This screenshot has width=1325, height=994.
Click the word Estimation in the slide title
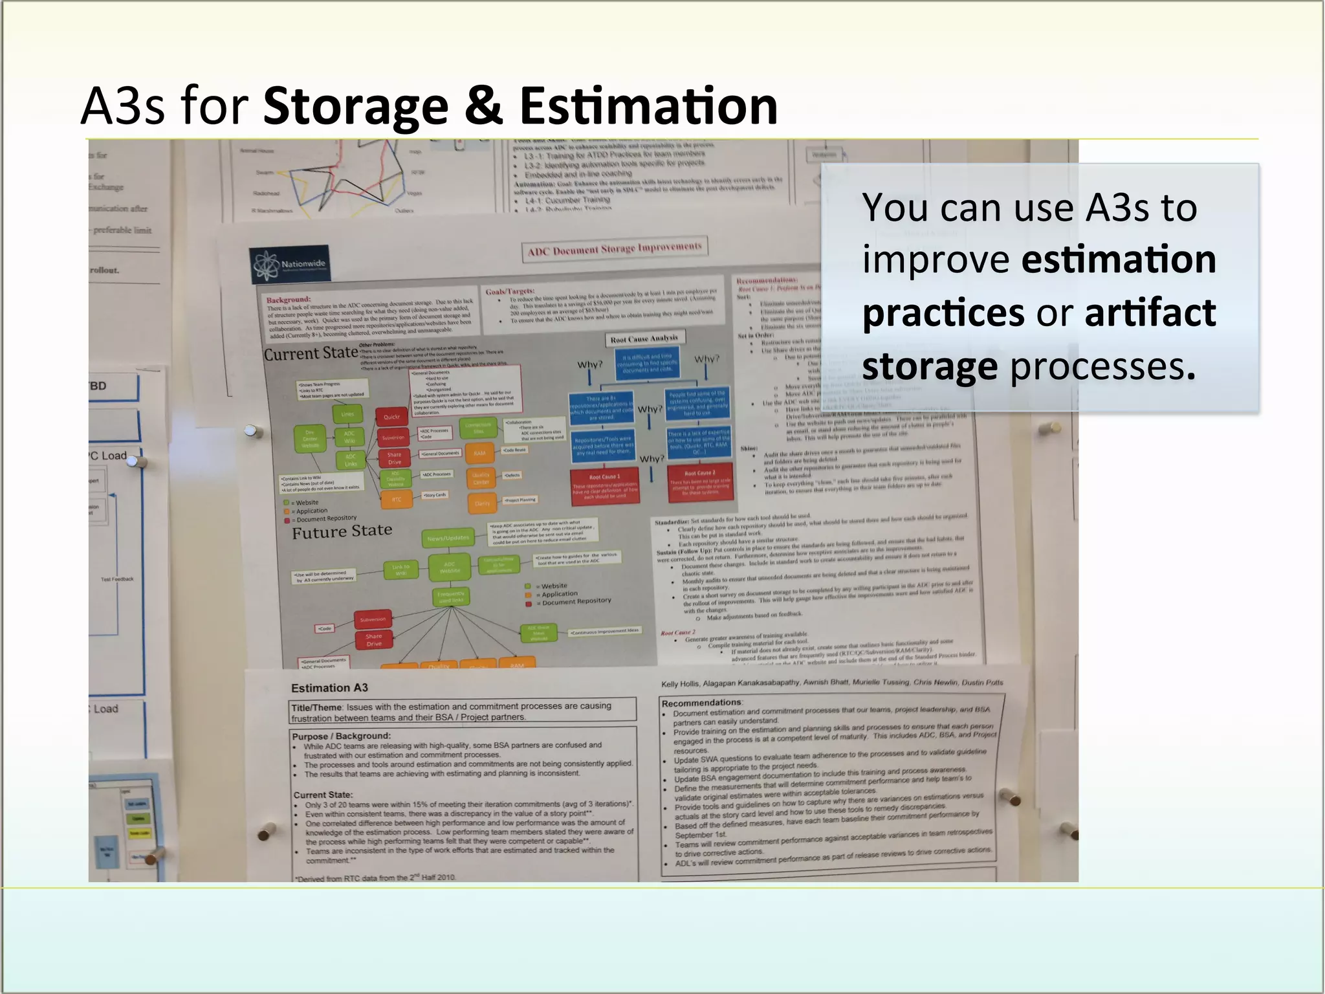tap(648, 106)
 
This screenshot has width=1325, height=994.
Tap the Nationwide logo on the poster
tap(290, 264)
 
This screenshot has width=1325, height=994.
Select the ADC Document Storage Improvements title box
tap(614, 249)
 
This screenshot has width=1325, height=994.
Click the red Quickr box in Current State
tap(392, 417)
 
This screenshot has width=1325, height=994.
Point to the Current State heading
tap(311, 353)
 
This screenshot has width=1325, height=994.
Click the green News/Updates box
tap(448, 538)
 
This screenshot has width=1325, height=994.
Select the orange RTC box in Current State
tap(396, 499)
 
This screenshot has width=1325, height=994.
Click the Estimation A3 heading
tap(329, 688)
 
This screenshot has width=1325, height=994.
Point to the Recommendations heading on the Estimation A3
tap(701, 702)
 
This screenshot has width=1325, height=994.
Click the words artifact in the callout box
tap(1150, 313)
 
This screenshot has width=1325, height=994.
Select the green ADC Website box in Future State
tap(450, 568)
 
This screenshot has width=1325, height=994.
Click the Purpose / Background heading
tap(341, 736)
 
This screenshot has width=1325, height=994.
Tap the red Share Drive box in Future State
tap(373, 640)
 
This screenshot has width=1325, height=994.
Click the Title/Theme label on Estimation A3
tap(316, 707)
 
